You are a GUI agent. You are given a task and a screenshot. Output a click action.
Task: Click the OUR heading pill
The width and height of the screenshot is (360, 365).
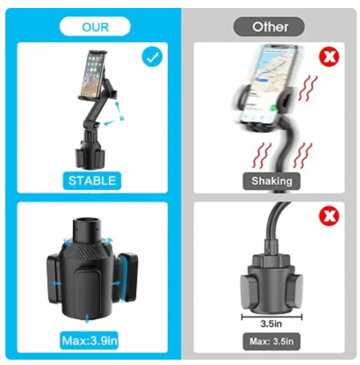coord(95,27)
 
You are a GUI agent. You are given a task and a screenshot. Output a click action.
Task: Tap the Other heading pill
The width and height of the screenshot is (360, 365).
coord(269,27)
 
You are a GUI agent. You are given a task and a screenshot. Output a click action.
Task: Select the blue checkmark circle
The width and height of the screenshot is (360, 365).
coord(152,57)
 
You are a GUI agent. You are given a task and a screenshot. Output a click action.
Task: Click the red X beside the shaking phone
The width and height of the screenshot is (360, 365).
coord(329,57)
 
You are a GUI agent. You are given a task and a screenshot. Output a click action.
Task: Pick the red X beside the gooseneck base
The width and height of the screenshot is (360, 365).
coord(329,216)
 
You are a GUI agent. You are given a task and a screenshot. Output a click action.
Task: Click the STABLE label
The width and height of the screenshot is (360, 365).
coord(92,181)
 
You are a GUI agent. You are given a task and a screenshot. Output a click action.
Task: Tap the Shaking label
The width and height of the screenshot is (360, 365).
coord(272,181)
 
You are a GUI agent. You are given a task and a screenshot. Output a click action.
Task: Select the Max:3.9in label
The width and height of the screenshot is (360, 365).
coord(89,341)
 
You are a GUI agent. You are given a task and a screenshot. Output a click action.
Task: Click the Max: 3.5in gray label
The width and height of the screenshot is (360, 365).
coord(272,342)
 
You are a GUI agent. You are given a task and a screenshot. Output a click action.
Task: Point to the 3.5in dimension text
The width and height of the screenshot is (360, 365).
coord(271,324)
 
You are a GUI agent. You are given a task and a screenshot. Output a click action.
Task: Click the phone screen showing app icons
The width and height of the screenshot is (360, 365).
coord(92,75)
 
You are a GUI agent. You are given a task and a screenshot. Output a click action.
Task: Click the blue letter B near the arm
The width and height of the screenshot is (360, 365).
coord(122,118)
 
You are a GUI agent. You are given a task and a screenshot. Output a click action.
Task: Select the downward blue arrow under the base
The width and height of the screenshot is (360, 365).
coord(87,318)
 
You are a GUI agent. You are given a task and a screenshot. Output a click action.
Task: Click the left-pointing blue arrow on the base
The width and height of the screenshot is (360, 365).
coord(56,283)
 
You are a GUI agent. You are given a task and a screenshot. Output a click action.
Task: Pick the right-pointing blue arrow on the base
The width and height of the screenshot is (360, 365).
coord(116,283)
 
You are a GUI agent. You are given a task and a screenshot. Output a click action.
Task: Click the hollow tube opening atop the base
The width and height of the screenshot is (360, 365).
coord(87,221)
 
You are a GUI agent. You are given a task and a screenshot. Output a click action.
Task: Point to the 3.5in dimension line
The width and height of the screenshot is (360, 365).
coord(272,317)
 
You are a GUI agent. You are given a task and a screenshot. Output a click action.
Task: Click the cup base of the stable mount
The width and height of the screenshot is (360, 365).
coord(90,158)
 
